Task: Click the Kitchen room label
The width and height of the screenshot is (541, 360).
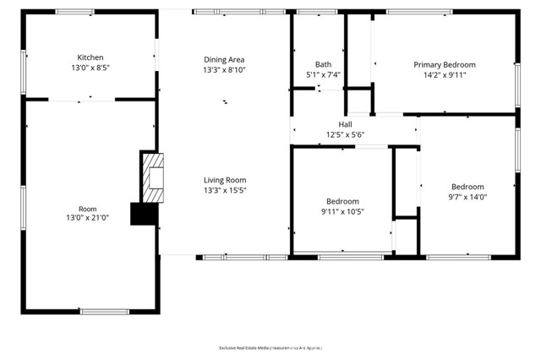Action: pos(89,57)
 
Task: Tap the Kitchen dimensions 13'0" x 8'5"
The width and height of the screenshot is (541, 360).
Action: pos(89,69)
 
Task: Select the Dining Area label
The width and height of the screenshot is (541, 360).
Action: pos(224,59)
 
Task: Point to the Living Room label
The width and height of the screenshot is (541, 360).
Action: pos(224,179)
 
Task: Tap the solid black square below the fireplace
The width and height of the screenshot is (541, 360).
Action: pos(144,214)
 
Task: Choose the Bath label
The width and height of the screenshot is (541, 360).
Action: pos(323,64)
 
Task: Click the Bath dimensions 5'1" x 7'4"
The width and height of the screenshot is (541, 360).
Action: pos(323,75)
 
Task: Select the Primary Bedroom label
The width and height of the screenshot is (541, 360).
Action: pos(444,64)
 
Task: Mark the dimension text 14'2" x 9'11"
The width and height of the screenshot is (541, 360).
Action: pos(444,75)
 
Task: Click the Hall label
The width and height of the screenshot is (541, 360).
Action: pos(345,123)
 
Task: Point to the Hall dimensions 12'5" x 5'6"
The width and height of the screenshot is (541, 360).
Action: pos(345,134)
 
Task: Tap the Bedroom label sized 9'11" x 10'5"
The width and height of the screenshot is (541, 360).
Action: pos(342,201)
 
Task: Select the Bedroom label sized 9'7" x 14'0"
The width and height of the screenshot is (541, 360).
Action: pos(467,187)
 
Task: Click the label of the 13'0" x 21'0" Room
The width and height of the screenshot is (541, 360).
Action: pos(88,208)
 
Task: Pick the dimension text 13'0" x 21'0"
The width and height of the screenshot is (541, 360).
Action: pos(88,219)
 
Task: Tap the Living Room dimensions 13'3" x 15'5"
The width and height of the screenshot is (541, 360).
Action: pos(224,191)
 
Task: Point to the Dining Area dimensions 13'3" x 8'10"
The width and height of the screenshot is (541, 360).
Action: pos(224,70)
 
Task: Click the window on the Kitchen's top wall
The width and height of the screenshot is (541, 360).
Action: pos(75,12)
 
